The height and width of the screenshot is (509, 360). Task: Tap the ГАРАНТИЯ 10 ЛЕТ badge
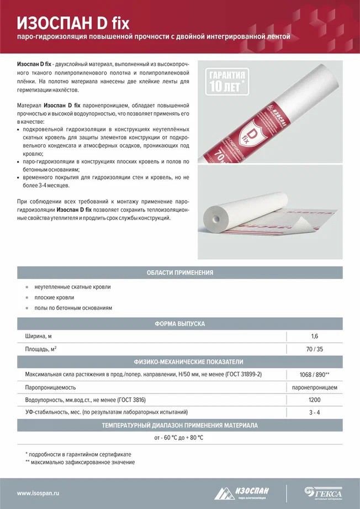pos(227,81)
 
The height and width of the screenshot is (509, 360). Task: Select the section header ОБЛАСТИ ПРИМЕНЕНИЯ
pos(180,272)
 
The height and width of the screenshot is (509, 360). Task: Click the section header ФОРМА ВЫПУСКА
pos(180,324)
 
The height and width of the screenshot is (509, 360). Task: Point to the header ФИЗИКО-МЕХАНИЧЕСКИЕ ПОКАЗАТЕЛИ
pos(180,362)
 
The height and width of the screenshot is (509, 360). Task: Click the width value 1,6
pos(315,336)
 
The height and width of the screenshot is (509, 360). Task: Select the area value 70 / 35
pos(315,349)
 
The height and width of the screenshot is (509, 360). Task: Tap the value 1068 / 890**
pos(315,375)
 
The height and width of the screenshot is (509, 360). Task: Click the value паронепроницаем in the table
pos(315,387)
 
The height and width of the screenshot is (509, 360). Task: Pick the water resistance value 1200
pos(315,400)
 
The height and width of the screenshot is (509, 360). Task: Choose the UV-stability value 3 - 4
pos(315,412)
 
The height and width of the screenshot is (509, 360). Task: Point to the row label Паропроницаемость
pos(50,387)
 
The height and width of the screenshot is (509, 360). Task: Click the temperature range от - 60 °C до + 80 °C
pos(179,438)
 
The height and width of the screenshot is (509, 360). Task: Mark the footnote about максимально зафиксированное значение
pos(80,462)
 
